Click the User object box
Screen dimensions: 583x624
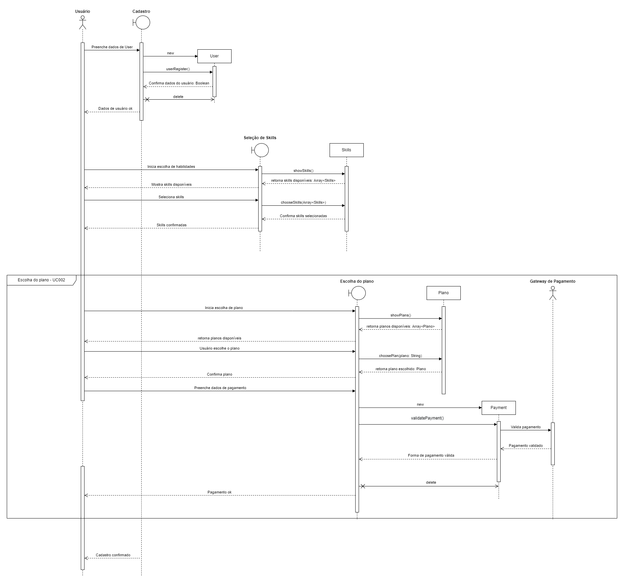[x=214, y=56]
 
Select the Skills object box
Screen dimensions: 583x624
[x=346, y=150]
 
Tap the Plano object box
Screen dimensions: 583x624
[x=443, y=293]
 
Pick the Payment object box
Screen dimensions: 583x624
[x=499, y=408]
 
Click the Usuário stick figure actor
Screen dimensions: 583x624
[x=82, y=22]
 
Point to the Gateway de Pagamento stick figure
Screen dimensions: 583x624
[x=553, y=293]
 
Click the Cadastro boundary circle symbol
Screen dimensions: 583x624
[x=142, y=23]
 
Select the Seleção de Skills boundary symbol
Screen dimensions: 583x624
[x=261, y=150]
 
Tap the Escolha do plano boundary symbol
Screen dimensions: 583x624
[x=358, y=293]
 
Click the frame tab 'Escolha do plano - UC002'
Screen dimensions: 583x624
[x=41, y=280]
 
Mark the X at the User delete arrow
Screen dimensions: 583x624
[x=147, y=99]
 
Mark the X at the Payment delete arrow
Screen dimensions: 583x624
[x=363, y=486]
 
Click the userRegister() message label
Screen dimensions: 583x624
[x=178, y=69]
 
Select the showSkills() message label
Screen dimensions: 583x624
[x=303, y=171]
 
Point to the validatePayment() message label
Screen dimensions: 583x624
[x=427, y=418]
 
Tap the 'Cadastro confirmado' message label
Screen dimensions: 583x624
[x=113, y=555]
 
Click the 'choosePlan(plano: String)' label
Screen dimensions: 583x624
[x=400, y=356]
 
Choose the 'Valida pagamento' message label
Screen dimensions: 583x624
[x=526, y=427]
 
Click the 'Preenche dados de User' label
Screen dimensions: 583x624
[x=112, y=47]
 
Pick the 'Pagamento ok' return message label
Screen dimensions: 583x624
[x=219, y=492]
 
